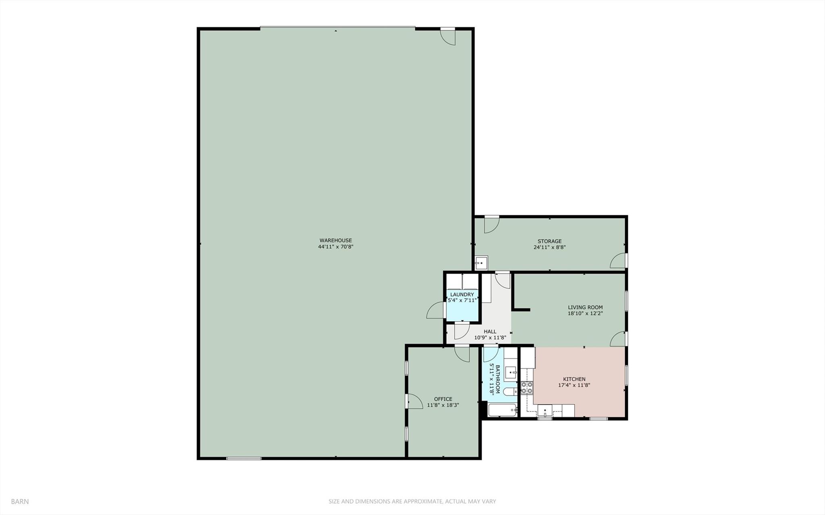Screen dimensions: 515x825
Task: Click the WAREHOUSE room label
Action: [x=335, y=241]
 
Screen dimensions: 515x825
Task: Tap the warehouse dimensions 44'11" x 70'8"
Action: [x=335, y=247]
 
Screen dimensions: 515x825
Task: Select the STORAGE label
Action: [x=549, y=241]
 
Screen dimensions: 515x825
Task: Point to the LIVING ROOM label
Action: [x=585, y=307]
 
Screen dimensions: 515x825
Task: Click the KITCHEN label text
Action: [x=574, y=379]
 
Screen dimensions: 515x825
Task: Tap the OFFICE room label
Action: [x=443, y=399]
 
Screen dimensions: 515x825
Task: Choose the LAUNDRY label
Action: [x=462, y=295]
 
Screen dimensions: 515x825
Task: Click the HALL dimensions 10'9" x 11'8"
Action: [x=490, y=338]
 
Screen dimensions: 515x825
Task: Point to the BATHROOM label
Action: [x=497, y=379]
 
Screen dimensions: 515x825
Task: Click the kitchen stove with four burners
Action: [x=526, y=388]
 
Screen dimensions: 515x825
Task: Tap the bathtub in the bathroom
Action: [x=502, y=411]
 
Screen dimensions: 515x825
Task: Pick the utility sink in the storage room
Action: [x=481, y=263]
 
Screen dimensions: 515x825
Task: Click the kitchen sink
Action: [x=544, y=411]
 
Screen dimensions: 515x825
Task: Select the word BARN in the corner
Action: [x=20, y=502]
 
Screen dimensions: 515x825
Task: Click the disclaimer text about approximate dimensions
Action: [x=412, y=502]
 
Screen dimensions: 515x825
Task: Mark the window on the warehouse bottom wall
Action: [x=243, y=458]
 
